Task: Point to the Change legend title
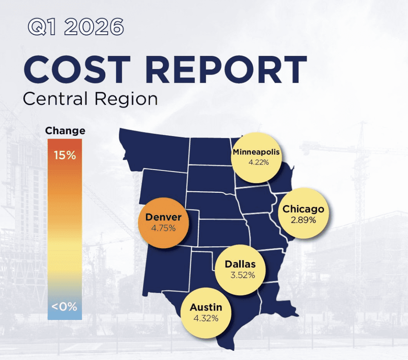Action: click(65, 131)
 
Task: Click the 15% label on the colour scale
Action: click(65, 155)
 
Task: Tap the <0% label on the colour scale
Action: click(64, 307)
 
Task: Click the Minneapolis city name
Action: click(256, 152)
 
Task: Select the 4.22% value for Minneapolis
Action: click(256, 162)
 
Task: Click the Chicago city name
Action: click(303, 209)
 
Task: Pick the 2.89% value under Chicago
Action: click(303, 220)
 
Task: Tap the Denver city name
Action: click(163, 217)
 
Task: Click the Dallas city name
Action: click(240, 264)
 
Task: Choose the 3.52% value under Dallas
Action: click(240, 275)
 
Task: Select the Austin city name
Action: click(206, 307)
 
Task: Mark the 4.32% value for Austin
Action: click(206, 318)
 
